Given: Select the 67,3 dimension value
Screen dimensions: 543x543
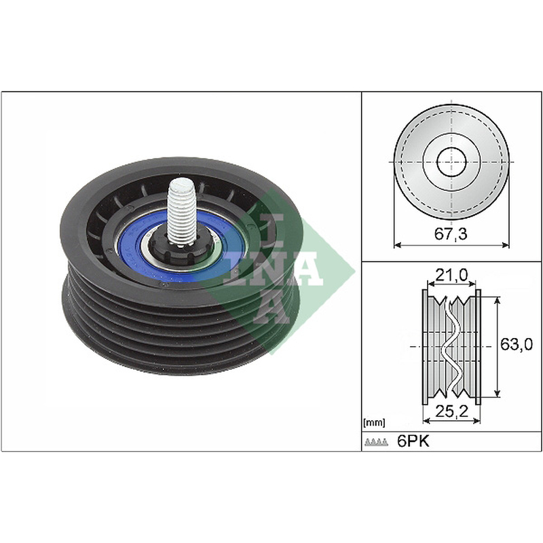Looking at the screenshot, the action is (451, 234).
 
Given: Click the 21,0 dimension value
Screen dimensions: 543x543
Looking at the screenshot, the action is (451, 275).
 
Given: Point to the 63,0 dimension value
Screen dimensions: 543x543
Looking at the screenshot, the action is (517, 344).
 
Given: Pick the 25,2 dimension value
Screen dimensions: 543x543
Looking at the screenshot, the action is (451, 411).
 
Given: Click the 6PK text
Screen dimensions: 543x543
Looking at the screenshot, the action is (413, 442).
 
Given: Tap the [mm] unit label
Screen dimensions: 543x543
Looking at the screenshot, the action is (374, 422).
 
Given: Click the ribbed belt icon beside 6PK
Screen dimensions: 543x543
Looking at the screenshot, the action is (377, 442).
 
